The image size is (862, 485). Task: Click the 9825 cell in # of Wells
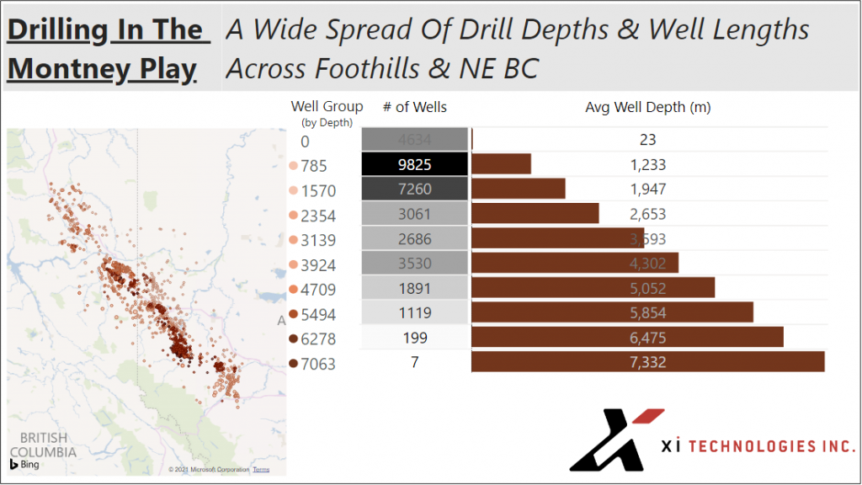click(414, 165)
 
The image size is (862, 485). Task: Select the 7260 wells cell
click(414, 189)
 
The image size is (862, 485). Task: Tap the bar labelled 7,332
click(647, 362)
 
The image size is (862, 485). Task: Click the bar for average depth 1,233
click(502, 165)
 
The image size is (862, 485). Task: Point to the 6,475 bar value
click(647, 337)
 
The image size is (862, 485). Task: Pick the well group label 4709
click(318, 289)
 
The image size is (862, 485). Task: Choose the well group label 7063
click(318, 364)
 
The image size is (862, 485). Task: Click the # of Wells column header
click(414, 107)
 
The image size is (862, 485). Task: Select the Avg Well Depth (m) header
click(649, 107)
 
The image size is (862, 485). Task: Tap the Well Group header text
click(327, 106)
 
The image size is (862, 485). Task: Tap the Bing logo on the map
click(25, 464)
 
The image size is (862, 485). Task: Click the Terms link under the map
click(261, 470)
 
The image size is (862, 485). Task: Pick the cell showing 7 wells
click(414, 362)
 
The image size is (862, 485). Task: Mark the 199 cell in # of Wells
click(414, 338)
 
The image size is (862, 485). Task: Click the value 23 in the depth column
click(647, 140)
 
